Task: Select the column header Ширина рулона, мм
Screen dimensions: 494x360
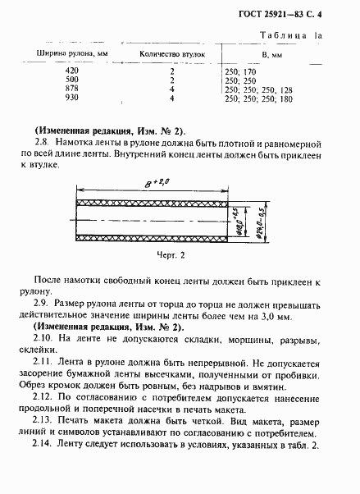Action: (x=66, y=54)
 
